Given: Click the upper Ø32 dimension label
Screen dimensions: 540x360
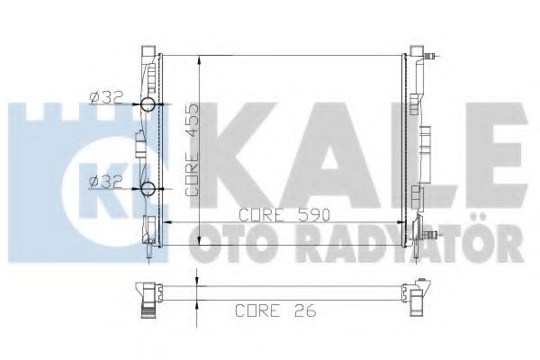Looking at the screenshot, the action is pyautogui.click(x=106, y=98).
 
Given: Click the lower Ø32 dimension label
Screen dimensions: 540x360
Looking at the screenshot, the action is pyautogui.click(x=106, y=182).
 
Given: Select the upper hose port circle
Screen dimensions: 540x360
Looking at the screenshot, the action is pyautogui.click(x=148, y=103).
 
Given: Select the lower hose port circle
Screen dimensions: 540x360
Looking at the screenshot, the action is pyautogui.click(x=148, y=189).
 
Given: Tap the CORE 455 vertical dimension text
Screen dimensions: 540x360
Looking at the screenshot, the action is pyautogui.click(x=193, y=150).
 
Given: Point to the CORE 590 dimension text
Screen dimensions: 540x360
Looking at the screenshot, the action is pyautogui.click(x=284, y=215).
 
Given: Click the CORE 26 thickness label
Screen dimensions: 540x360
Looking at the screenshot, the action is pyautogui.click(x=275, y=310).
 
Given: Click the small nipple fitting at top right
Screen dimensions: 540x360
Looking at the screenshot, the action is pyautogui.click(x=430, y=56).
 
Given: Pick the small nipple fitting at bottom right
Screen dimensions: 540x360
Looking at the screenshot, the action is pyautogui.click(x=430, y=236).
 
